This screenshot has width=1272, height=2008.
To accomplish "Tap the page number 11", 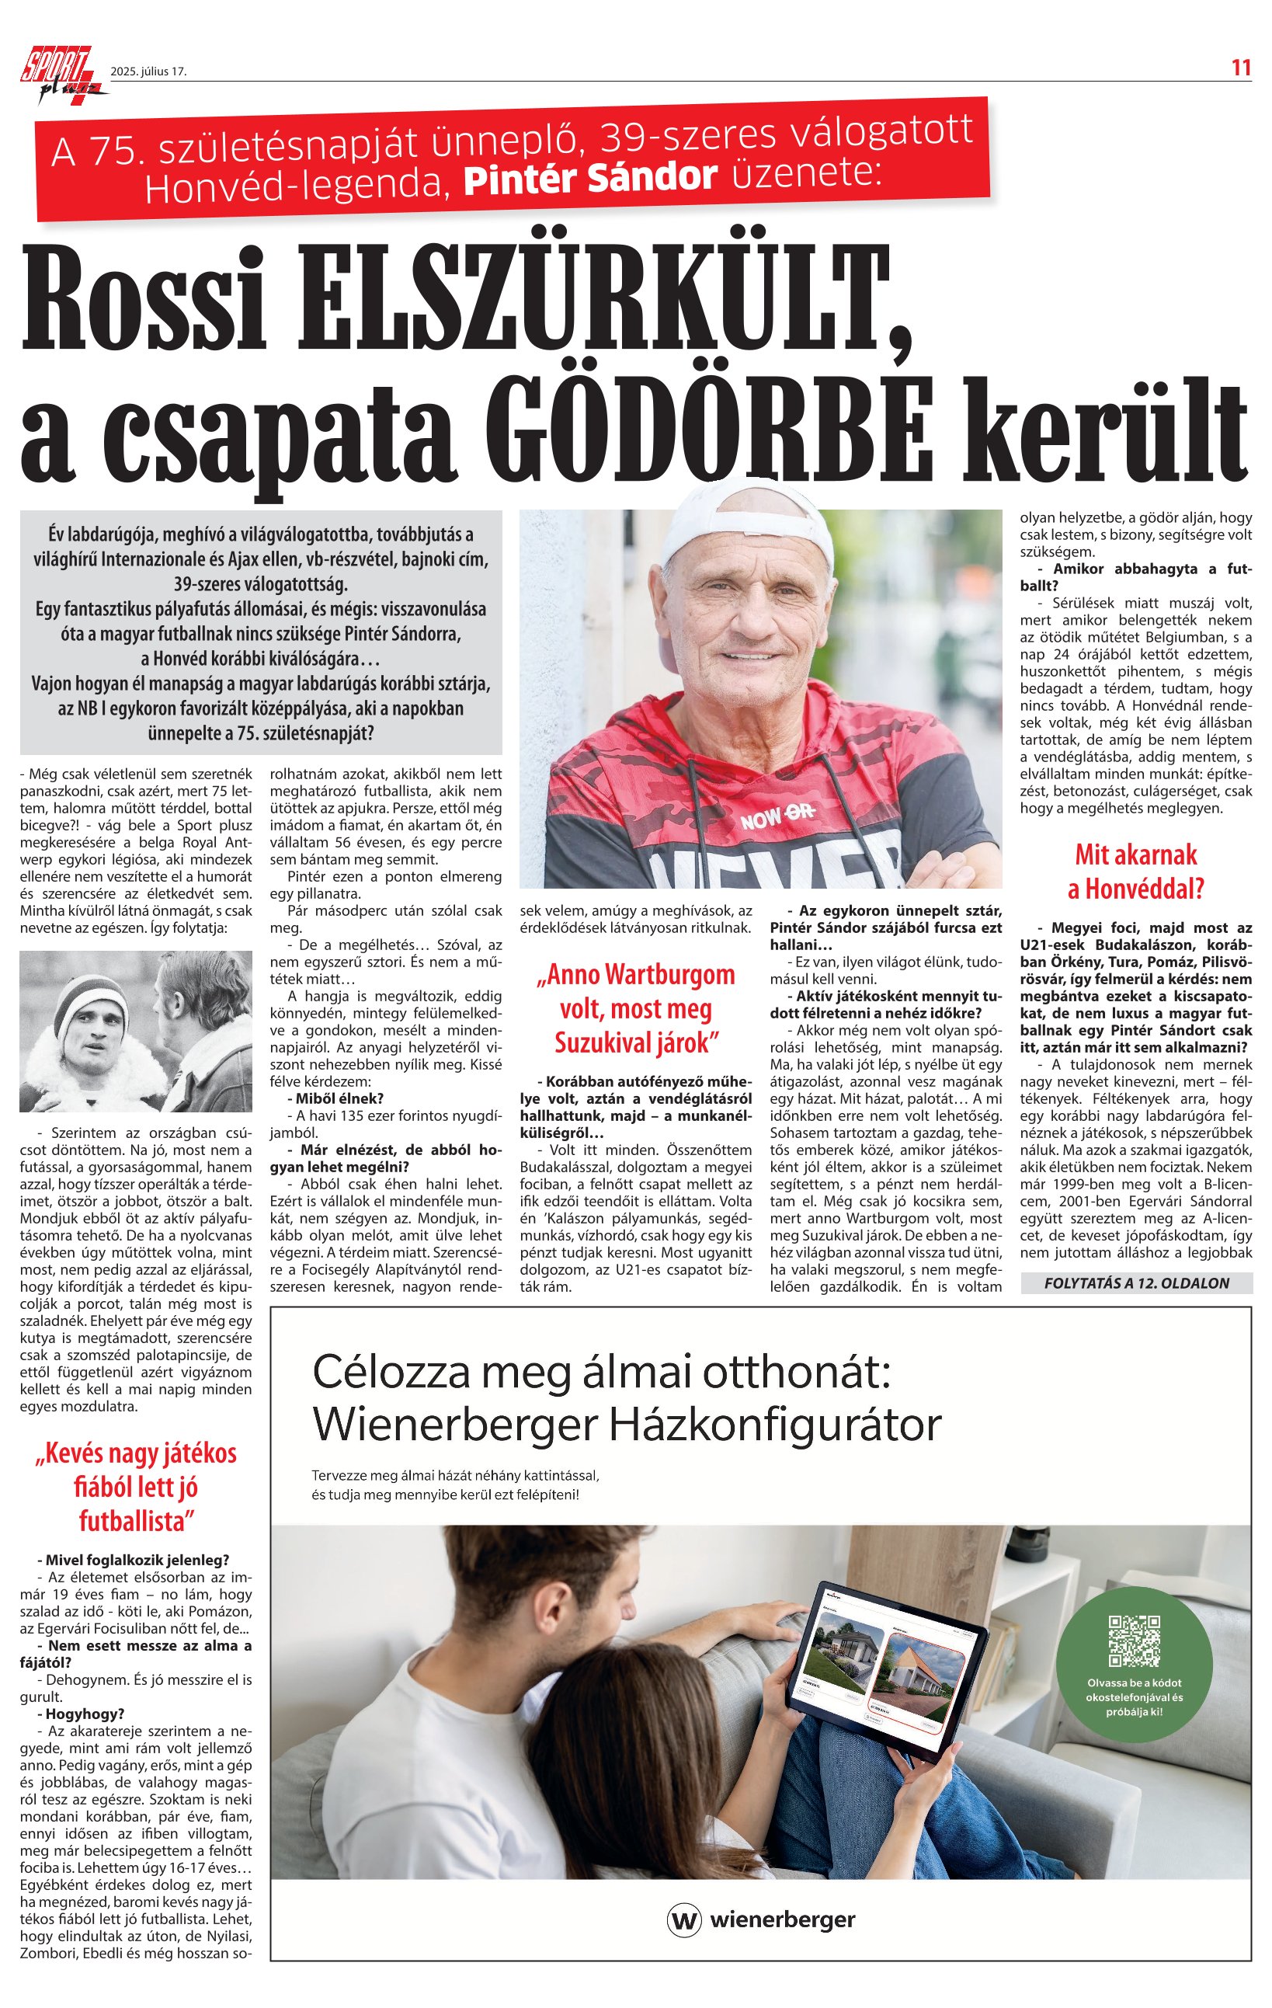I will (x=1241, y=68).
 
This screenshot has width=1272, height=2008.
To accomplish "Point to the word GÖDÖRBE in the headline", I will (x=725, y=430).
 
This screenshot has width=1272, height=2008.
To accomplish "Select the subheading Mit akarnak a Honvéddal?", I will (x=1135, y=872).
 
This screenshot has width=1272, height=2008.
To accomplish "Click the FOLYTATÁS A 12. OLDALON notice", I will (x=1136, y=1282).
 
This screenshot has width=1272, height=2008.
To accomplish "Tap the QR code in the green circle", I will (x=1134, y=1640).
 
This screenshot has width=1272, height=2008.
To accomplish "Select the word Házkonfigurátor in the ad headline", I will (x=776, y=1425).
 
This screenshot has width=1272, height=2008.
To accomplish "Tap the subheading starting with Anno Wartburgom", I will (x=635, y=1008).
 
